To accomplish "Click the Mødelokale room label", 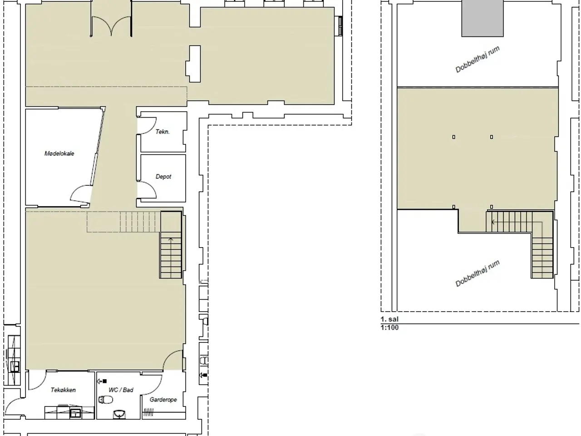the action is pyautogui.click(x=59, y=154).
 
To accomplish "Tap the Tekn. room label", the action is pyautogui.click(x=162, y=132).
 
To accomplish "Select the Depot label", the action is pyautogui.click(x=163, y=177).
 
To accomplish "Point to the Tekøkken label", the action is pyautogui.click(x=63, y=390).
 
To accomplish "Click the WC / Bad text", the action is pyautogui.click(x=121, y=390).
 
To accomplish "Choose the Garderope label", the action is pyautogui.click(x=163, y=400).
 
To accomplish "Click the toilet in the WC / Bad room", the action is pyautogui.click(x=105, y=400).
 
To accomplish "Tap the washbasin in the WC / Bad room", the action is pyautogui.click(x=119, y=414).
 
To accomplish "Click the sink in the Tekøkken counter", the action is pyautogui.click(x=75, y=413).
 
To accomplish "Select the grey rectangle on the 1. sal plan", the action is pyautogui.click(x=483, y=18).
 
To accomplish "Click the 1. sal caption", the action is pyautogui.click(x=389, y=319).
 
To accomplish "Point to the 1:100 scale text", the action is pyautogui.click(x=389, y=328).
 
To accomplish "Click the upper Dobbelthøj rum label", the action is pyautogui.click(x=478, y=59).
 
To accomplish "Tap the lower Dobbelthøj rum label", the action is pyautogui.click(x=478, y=273).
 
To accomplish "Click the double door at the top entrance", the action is pyautogui.click(x=111, y=26).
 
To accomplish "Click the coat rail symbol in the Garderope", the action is pyautogui.click(x=148, y=412).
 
